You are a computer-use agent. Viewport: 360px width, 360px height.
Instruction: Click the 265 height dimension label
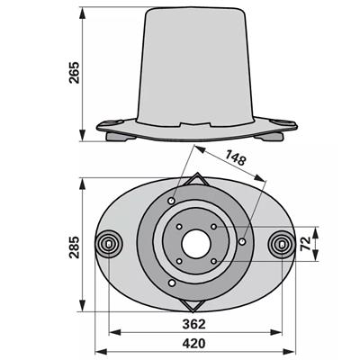pyautogui.click(x=74, y=73)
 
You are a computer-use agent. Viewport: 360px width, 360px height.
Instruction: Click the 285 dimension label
pyautogui.click(x=74, y=247)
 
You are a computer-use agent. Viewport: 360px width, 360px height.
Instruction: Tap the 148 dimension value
pyautogui.click(x=236, y=157)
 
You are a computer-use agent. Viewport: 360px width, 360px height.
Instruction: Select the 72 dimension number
pyautogui.click(x=304, y=244)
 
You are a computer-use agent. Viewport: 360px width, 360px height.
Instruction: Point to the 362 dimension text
pyautogui.click(x=194, y=324)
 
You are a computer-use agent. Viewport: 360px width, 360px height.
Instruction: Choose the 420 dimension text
pyautogui.click(x=194, y=344)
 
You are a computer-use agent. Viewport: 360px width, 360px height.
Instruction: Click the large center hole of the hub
pyautogui.click(x=196, y=244)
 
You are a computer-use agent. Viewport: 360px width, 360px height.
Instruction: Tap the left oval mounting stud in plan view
pyautogui.click(x=109, y=244)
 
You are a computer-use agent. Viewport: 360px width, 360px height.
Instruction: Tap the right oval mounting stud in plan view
pyautogui.click(x=282, y=244)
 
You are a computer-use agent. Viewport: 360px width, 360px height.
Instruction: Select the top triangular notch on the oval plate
pyautogui.click(x=196, y=179)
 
